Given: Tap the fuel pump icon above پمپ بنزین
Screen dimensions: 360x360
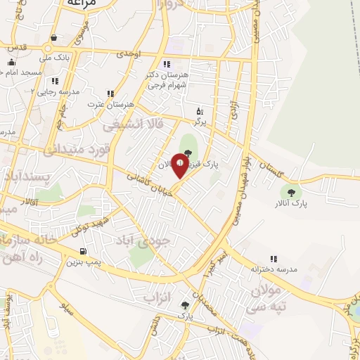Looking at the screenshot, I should pos(84,250).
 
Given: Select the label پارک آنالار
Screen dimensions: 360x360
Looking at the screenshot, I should pos(292,203).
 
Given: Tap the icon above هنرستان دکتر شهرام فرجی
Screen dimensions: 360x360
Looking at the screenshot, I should pos(166,64).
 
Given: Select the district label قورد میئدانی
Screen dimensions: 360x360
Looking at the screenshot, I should pos(73,149).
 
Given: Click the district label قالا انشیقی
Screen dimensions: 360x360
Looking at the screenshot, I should pos(133,124).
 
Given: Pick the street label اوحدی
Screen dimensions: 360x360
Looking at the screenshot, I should pos(129,53).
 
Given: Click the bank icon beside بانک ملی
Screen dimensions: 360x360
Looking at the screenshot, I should pos(54,38).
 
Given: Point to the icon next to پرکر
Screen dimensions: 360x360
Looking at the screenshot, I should pos(200,111).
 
